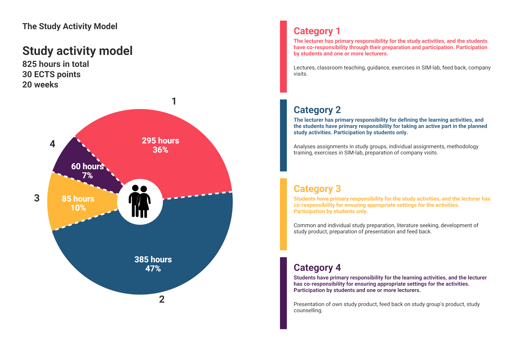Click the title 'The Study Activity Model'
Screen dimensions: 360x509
pyautogui.click(x=70, y=26)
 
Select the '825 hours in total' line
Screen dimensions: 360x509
pyautogui.click(x=55, y=64)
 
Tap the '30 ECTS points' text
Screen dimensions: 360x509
pyautogui.click(x=51, y=74)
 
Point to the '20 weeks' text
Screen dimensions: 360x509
pyautogui.click(x=40, y=85)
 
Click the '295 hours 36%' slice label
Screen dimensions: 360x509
pyautogui.click(x=160, y=145)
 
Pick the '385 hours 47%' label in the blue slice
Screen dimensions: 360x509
pyautogui.click(x=153, y=264)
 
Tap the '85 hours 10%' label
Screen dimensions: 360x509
pyautogui.click(x=78, y=203)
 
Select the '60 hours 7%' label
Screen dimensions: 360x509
pyautogui.click(x=87, y=171)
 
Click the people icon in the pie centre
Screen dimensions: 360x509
pyautogui.click(x=140, y=201)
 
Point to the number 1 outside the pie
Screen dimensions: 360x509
pyautogui.click(x=174, y=101)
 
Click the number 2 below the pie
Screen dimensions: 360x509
pyautogui.click(x=162, y=299)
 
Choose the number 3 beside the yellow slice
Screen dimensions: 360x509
pyautogui.click(x=37, y=198)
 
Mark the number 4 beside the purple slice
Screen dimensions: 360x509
pyautogui.click(x=52, y=144)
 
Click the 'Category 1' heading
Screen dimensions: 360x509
pyautogui.click(x=317, y=31)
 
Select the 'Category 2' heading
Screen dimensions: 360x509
pyautogui.click(x=317, y=110)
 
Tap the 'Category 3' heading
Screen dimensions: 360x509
pyautogui.click(x=317, y=189)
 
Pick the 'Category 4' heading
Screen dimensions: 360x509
pyautogui.click(x=317, y=268)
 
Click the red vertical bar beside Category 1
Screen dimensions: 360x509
pyautogui.click(x=283, y=56)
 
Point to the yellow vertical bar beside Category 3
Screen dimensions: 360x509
pyautogui.click(x=283, y=214)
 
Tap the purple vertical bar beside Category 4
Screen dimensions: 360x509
pyautogui.click(x=283, y=293)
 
